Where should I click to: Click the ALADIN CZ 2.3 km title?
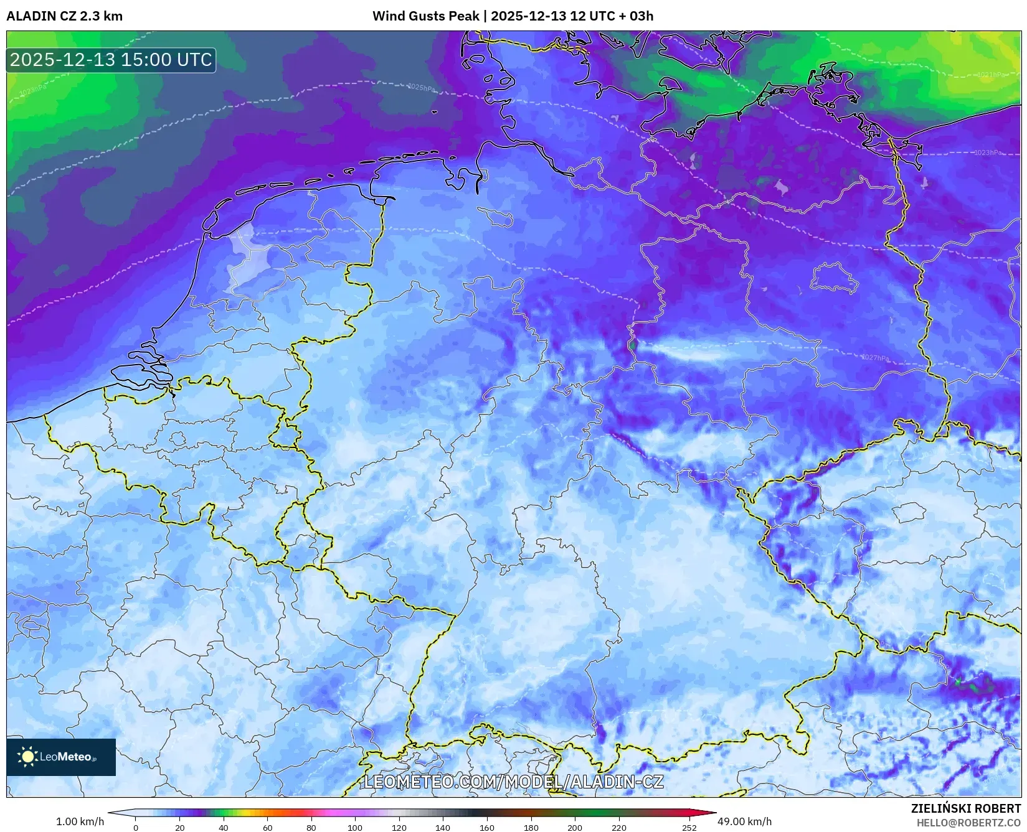65,16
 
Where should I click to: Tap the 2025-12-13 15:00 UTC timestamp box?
111,60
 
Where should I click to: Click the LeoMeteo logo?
61,757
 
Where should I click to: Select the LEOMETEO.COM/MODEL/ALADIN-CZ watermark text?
513,782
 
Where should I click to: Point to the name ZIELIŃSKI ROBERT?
966,808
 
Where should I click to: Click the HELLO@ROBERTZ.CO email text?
968,823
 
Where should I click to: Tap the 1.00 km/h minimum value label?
80,821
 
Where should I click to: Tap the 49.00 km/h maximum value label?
744,821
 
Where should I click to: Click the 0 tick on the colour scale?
136,828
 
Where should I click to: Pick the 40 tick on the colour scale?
224,828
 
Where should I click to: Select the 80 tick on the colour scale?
311,828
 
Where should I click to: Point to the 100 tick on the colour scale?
355,828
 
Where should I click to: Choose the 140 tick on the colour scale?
443,828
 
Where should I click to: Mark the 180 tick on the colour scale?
531,828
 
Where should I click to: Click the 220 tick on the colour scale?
618,828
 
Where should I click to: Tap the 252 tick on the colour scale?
689,828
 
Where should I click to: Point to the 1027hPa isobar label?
875,358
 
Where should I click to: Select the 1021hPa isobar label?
990,75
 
